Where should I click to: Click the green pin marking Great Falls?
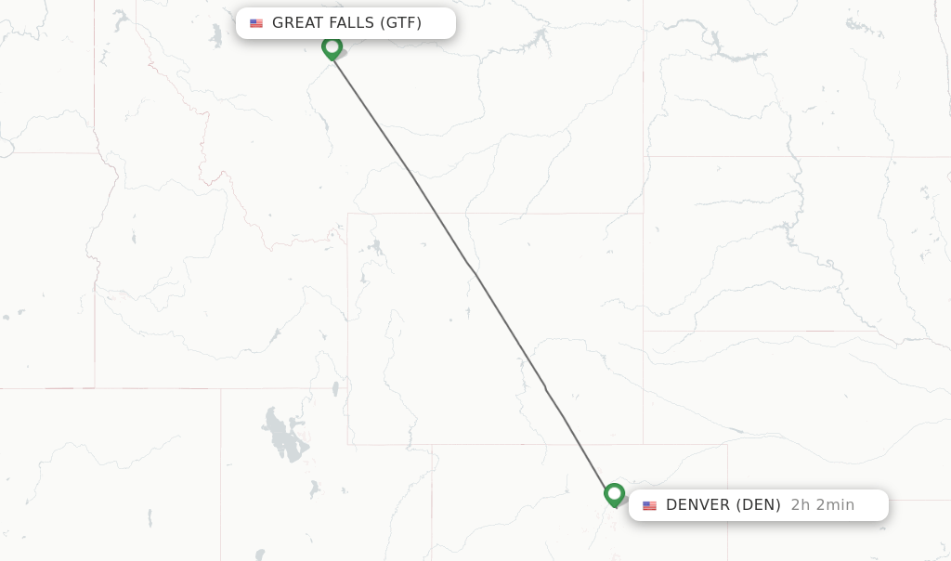pos(332,46)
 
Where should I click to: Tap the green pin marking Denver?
pos(614,493)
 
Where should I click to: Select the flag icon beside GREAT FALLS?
pos(256,23)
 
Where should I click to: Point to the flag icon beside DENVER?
pos(649,505)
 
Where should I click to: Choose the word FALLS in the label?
pos(350,23)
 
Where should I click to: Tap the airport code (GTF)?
pos(401,23)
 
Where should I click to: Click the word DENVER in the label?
pos(697,505)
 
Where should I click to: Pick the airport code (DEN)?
pos(758,505)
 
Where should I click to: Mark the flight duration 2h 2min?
pos(822,505)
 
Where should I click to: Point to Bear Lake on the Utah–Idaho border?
pos(334,388)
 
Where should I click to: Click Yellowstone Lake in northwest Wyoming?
pos(375,248)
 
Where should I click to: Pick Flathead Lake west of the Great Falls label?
pos(215,35)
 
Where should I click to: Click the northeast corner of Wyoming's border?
pos(643,214)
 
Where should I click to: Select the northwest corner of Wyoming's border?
pos(348,215)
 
